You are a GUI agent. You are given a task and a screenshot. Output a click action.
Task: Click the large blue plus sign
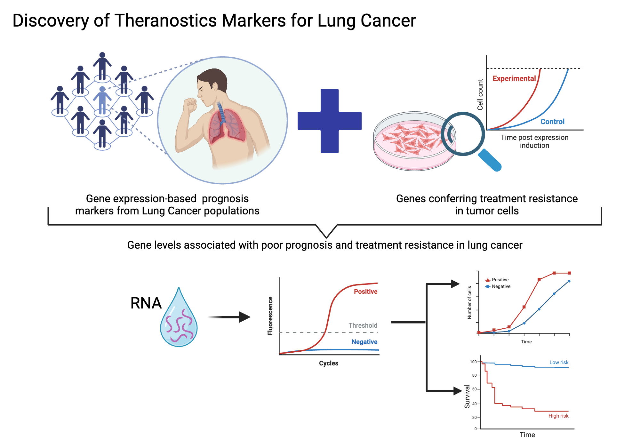tap(329, 121)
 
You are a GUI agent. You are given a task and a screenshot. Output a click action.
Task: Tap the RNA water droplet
tap(179, 323)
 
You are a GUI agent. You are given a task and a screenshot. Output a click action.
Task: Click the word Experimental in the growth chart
tap(514, 78)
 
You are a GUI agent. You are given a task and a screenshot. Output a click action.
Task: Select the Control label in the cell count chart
tap(552, 122)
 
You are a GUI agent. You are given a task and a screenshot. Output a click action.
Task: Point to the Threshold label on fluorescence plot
tap(363, 325)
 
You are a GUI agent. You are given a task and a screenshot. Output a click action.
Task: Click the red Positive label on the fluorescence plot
tap(365, 292)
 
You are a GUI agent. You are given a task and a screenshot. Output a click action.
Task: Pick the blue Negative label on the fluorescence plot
tap(364, 342)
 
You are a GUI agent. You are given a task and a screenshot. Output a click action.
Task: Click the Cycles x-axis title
tap(328, 363)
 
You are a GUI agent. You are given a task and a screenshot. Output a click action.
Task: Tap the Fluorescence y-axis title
tap(270, 316)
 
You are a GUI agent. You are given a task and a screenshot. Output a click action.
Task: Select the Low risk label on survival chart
tap(559, 362)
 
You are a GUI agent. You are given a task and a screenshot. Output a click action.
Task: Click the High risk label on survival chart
tap(558, 416)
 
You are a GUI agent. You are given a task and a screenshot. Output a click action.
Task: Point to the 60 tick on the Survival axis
tap(474, 389)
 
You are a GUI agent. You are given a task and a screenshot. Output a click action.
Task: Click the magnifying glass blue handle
tap(490, 160)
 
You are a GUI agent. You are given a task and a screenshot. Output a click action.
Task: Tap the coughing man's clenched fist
tap(190, 105)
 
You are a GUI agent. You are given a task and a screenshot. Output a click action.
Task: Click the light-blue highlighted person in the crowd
tap(102, 101)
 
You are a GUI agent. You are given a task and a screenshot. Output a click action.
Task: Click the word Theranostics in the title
tap(166, 20)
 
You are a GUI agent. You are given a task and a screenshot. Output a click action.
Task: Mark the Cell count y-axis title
tap(480, 94)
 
